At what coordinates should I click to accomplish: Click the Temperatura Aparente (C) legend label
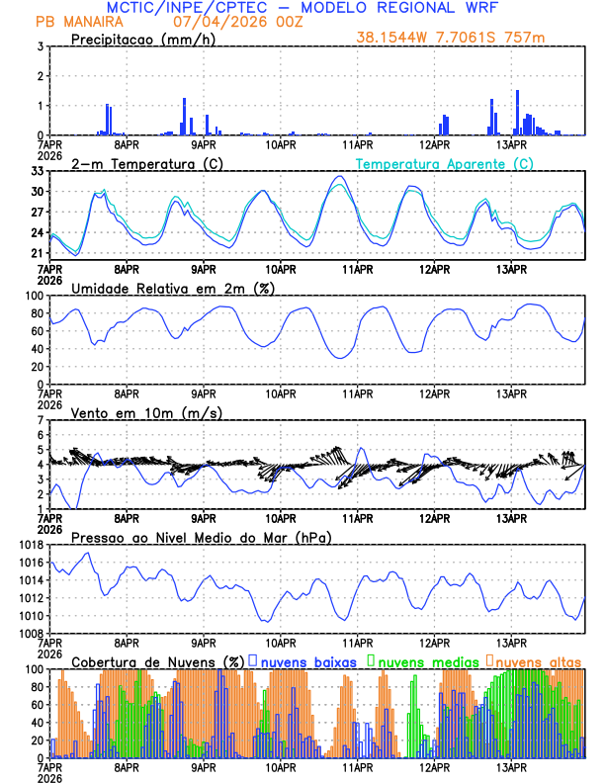[444, 164]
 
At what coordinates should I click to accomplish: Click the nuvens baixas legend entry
[306, 660]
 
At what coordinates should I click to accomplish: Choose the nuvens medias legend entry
[426, 660]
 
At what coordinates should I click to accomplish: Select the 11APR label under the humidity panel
[357, 393]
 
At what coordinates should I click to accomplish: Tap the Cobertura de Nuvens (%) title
[157, 660]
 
